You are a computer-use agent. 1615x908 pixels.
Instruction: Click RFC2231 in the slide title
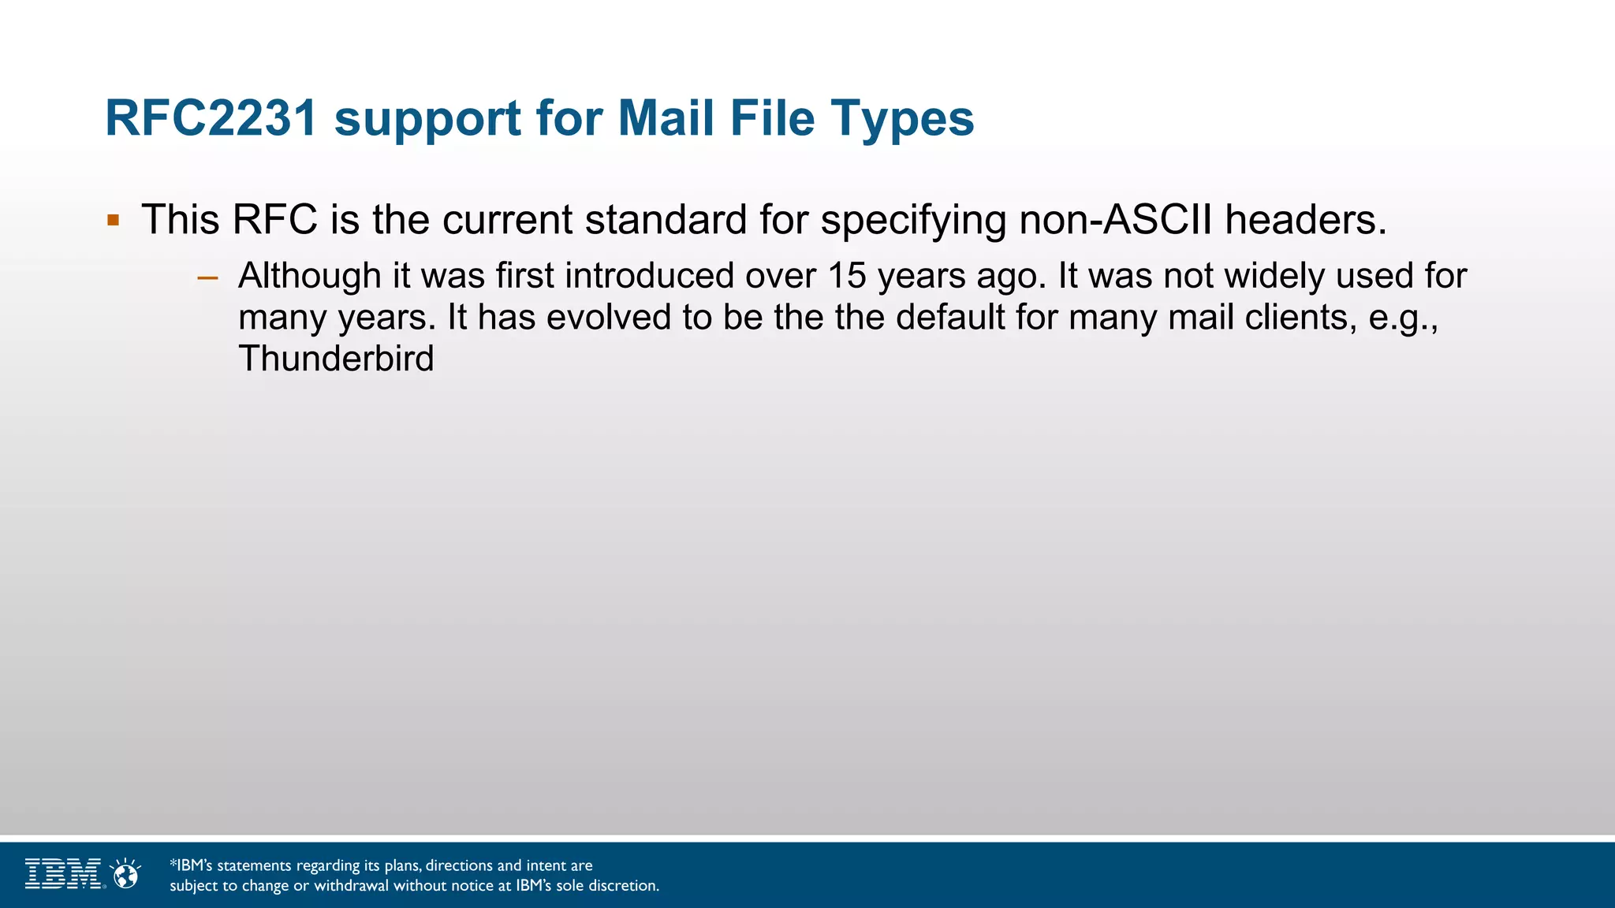click(x=211, y=118)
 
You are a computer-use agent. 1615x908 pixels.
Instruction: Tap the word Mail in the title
click(x=666, y=118)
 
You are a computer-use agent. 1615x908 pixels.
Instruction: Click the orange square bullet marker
click(x=114, y=220)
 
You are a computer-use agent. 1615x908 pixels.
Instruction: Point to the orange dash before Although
click(x=207, y=277)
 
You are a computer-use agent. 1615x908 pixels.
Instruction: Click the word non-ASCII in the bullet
click(x=1115, y=220)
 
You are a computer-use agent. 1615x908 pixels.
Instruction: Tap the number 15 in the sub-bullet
click(x=846, y=276)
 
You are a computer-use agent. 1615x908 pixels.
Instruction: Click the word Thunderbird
click(x=336, y=359)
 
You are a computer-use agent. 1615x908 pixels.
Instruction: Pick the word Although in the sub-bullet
click(x=310, y=276)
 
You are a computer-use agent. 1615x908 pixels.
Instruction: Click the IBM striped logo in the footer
click(x=63, y=873)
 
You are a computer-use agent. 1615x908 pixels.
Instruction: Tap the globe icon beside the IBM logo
click(x=125, y=874)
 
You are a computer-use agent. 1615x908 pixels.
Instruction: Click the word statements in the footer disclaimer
click(x=254, y=865)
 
